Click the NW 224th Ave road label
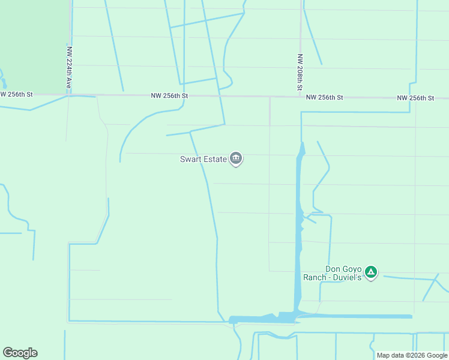pyautogui.click(x=69, y=68)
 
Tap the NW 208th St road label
pyautogui.click(x=300, y=73)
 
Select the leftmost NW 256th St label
pyautogui.click(x=16, y=94)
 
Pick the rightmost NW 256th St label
pyautogui.click(x=415, y=98)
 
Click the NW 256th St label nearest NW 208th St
pyautogui.click(x=324, y=97)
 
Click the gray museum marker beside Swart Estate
pyautogui.click(x=236, y=158)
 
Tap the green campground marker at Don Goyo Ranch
pyautogui.click(x=372, y=273)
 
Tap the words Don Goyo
pyautogui.click(x=343, y=269)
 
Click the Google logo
pyautogui.click(x=20, y=353)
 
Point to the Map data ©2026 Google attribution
pyautogui.click(x=411, y=355)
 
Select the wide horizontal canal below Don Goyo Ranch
pyautogui.click(x=354, y=316)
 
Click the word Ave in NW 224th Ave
pyautogui.click(x=69, y=83)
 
